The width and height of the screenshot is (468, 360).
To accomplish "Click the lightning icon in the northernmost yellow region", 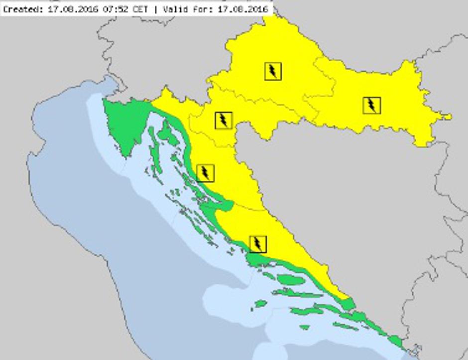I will [273, 71].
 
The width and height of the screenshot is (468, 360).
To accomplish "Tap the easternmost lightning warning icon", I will [371, 105].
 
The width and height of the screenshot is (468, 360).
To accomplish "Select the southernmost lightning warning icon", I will [257, 243].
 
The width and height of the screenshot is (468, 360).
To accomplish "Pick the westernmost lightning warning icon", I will [205, 173].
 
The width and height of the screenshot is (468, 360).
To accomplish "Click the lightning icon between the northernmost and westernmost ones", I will [224, 120].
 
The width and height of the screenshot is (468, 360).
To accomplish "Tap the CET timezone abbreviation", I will [140, 9].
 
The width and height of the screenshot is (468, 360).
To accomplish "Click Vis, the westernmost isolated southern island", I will [260, 303].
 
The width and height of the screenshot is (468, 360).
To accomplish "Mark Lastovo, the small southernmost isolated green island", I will [304, 327].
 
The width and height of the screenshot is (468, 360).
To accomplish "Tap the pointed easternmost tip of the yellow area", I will [450, 117].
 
